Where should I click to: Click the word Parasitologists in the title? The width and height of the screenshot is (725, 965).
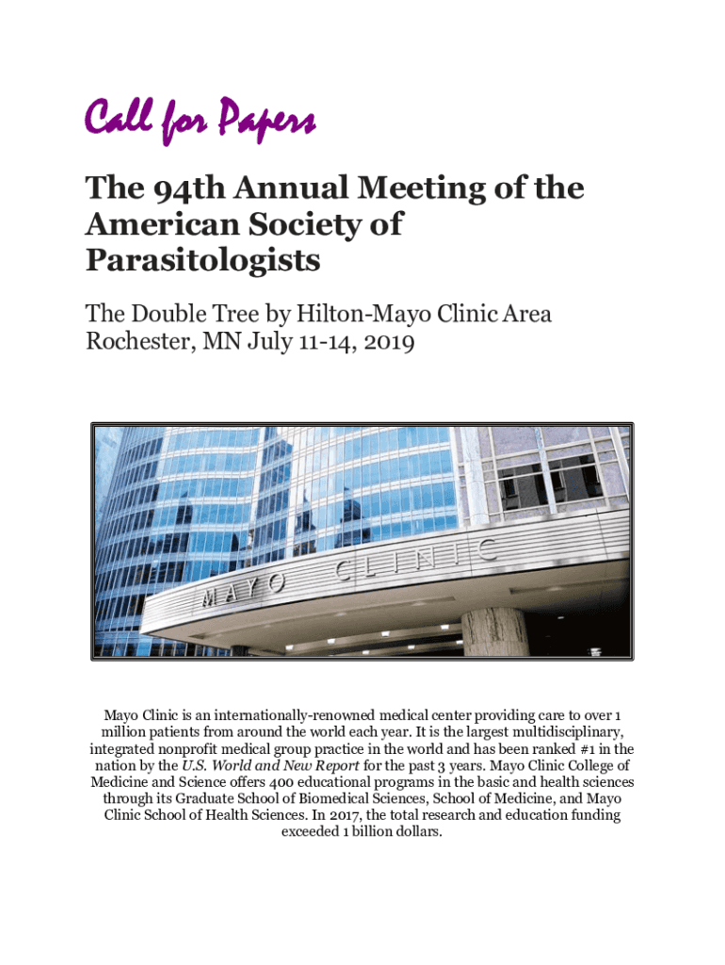202,261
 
